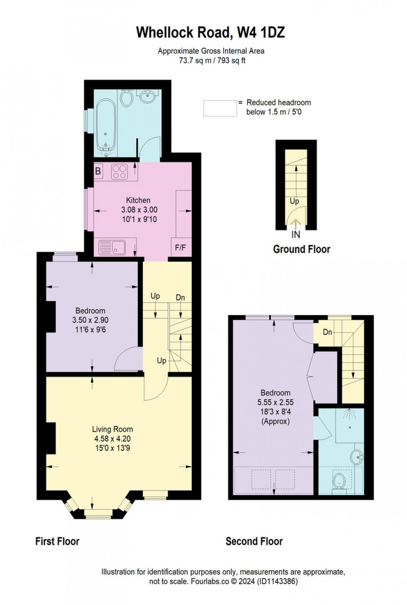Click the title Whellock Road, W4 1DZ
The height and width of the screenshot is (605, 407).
point(211,32)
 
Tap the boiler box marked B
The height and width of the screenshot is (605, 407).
point(98,171)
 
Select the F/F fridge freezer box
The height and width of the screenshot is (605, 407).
point(180,248)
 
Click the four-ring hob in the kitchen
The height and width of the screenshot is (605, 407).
point(119,172)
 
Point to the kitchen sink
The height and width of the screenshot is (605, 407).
point(112,248)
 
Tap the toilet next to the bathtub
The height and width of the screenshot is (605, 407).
point(126,98)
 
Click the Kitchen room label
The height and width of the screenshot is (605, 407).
point(138,200)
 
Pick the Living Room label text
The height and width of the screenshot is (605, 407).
point(113,429)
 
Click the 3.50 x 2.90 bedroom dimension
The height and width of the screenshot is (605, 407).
point(90,320)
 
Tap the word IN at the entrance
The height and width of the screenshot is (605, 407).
point(295,235)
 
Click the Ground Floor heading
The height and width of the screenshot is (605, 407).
point(302,249)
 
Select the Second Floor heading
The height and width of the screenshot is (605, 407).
point(254,541)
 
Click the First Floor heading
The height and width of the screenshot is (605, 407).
point(57,541)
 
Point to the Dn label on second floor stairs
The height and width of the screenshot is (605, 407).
point(327,332)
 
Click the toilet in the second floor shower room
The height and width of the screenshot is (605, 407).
point(339,481)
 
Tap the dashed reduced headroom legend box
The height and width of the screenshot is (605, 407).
point(220,108)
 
